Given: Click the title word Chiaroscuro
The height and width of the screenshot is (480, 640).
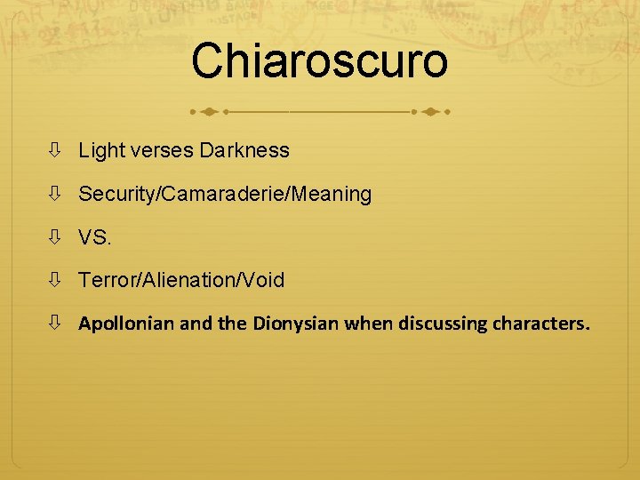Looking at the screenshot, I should [x=319, y=60].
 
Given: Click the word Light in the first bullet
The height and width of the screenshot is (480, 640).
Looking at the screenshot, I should [x=101, y=150].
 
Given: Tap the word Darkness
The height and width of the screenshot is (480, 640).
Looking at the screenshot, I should [x=244, y=150].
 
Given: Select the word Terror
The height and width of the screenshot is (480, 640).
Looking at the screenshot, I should [x=103, y=280].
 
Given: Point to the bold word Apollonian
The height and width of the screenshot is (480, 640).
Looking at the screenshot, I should [x=126, y=324].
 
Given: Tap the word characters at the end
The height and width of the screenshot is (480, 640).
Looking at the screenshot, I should [x=545, y=324].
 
